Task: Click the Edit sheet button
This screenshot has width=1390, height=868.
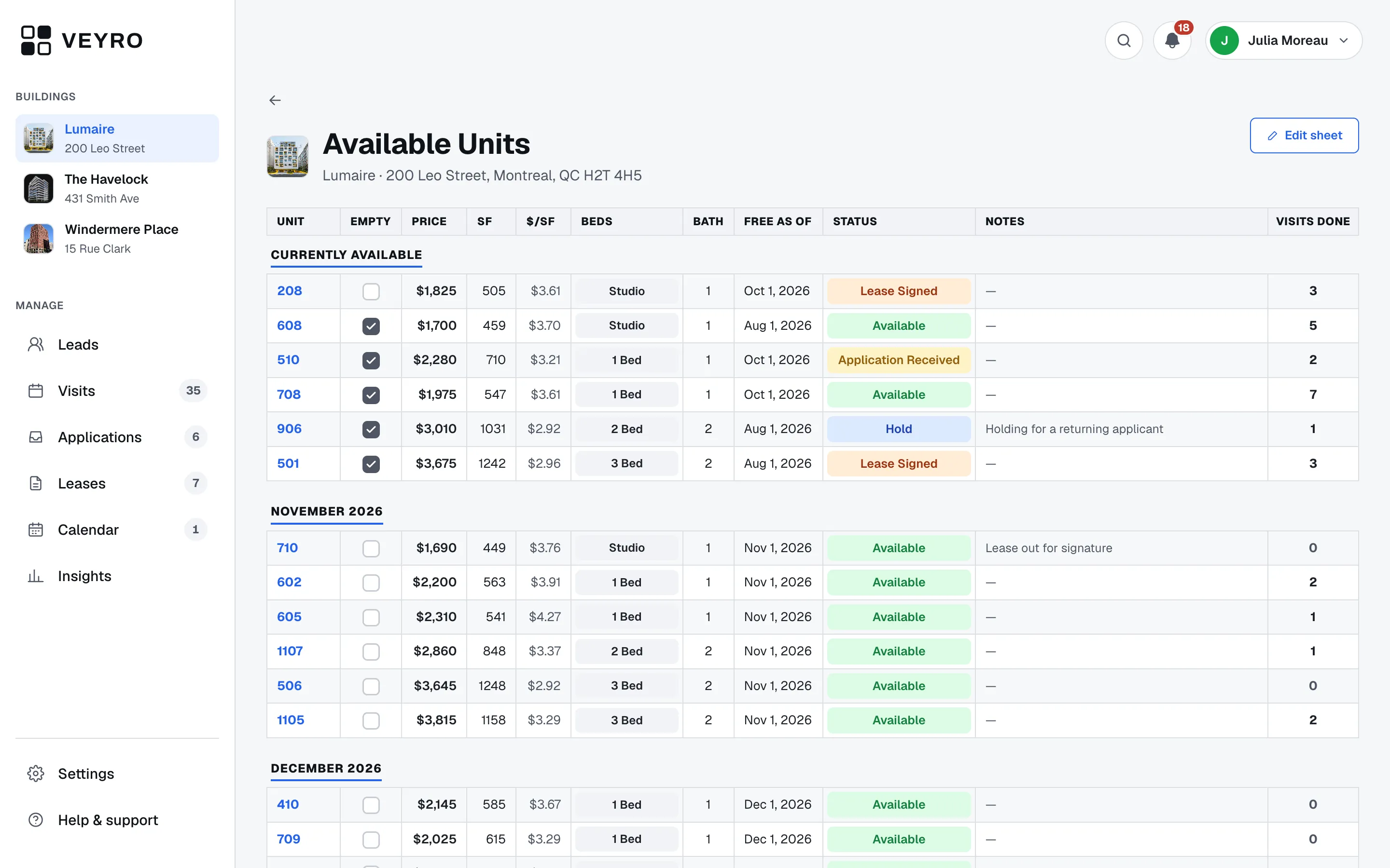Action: click(x=1304, y=136)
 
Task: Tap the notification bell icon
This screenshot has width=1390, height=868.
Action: click(x=1172, y=41)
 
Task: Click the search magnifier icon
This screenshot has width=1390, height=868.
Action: click(x=1124, y=41)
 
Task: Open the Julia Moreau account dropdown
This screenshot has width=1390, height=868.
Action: click(x=1283, y=41)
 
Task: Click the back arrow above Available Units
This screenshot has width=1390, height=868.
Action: click(x=275, y=100)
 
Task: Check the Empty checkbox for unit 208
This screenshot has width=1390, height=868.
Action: click(x=371, y=292)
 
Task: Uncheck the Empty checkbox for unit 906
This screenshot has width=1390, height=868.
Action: click(x=371, y=429)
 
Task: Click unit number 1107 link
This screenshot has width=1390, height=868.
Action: click(x=290, y=651)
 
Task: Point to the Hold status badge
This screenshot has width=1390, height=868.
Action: click(x=898, y=429)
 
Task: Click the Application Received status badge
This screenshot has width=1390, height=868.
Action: click(x=898, y=360)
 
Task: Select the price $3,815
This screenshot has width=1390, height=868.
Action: click(x=436, y=720)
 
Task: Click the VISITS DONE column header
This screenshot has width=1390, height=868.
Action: click(x=1312, y=222)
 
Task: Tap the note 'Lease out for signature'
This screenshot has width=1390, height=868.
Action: click(x=1048, y=548)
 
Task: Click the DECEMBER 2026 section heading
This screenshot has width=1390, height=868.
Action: click(x=326, y=768)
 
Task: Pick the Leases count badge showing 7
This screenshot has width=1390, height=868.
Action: click(x=195, y=483)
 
